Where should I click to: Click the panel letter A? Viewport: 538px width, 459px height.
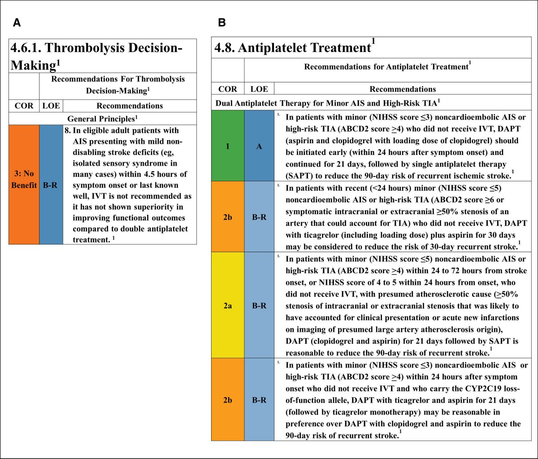click(17, 23)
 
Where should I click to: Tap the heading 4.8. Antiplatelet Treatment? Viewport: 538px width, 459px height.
click(294, 47)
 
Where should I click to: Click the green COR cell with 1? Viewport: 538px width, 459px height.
click(228, 146)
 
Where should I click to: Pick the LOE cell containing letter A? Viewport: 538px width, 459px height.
click(259, 146)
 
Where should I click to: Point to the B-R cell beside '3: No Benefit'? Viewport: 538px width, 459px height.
click(51, 184)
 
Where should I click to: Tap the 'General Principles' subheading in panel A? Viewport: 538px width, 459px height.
click(103, 119)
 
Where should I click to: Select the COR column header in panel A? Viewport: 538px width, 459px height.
click(24, 106)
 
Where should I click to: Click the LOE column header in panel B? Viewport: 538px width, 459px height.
click(259, 89)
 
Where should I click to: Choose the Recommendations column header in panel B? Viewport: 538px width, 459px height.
click(402, 89)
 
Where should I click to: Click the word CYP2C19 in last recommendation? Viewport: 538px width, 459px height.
click(455, 388)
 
